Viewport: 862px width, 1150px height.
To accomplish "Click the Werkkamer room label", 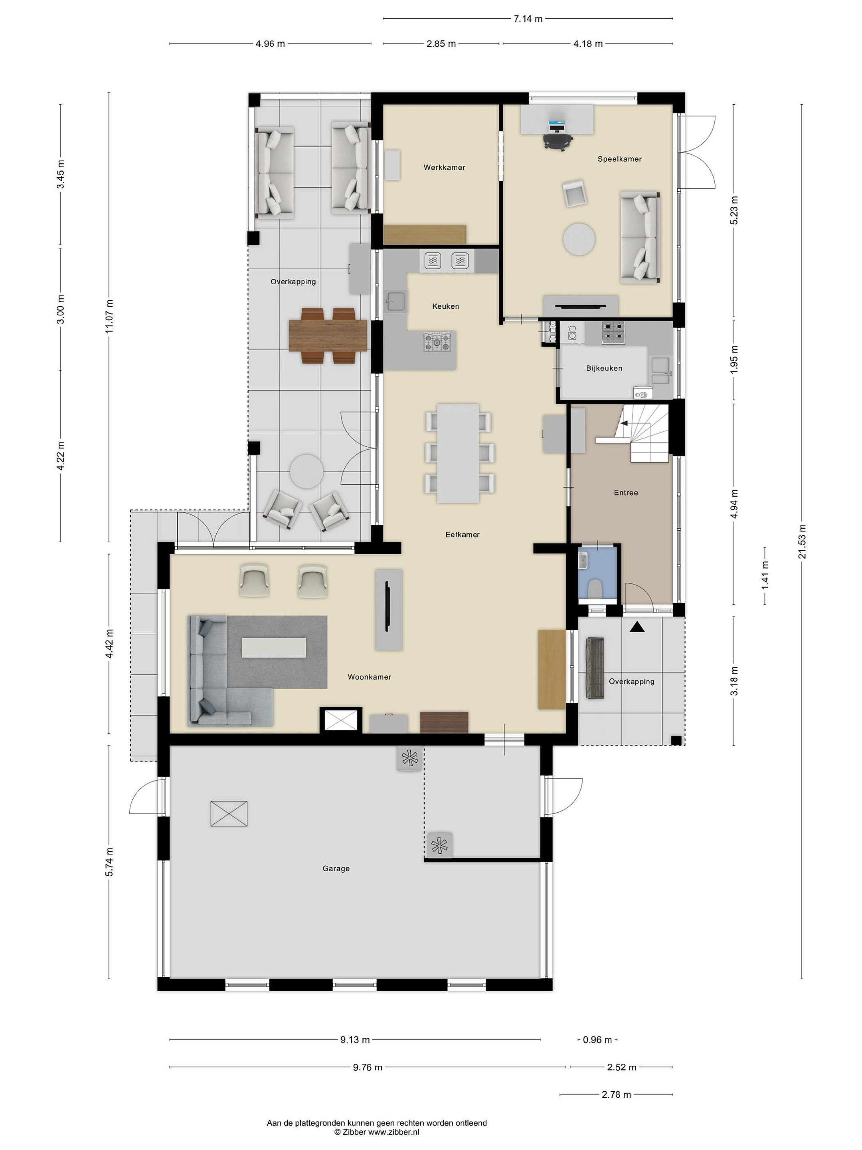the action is coord(444,167).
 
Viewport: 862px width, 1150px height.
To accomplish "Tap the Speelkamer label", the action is coord(619,159).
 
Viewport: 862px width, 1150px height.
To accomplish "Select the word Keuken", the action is coord(445,306).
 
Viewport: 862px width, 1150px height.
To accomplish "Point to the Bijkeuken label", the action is coord(604,368).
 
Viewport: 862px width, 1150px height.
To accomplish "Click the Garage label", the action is coord(336,868).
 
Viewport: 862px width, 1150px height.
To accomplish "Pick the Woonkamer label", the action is coord(370,677).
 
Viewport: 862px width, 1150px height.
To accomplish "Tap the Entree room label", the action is coord(626,492).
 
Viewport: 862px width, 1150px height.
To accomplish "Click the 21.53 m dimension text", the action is coord(803,540).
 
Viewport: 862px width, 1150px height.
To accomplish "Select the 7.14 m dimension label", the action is coord(528,19).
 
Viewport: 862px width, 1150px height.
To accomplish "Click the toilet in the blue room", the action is coord(595,589).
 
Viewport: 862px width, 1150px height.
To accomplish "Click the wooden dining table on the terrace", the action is coord(328,336).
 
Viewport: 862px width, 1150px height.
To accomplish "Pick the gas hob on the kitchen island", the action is coord(437,342).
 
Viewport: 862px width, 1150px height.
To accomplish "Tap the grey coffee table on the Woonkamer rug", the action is coord(274,648).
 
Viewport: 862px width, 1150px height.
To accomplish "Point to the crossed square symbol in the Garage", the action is coord(229,814).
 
